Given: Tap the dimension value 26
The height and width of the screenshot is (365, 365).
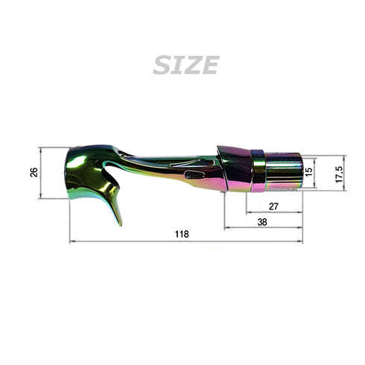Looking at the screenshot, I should tap(34, 172).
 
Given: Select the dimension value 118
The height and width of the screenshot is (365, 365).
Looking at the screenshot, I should tap(182, 233).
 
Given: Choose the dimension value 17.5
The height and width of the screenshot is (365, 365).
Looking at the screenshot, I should tap(339, 174).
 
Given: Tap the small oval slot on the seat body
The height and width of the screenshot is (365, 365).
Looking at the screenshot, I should tap(196, 174).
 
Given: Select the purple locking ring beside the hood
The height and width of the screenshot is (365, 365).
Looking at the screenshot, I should tap(258, 170).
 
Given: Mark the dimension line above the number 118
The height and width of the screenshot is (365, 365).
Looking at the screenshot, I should tap(186, 241).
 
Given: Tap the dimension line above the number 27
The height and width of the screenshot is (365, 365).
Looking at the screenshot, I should tap(273, 212).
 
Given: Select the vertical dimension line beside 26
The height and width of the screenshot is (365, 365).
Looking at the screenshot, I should tap(40, 172).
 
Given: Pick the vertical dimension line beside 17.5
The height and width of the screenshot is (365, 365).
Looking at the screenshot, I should tap(346, 174).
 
